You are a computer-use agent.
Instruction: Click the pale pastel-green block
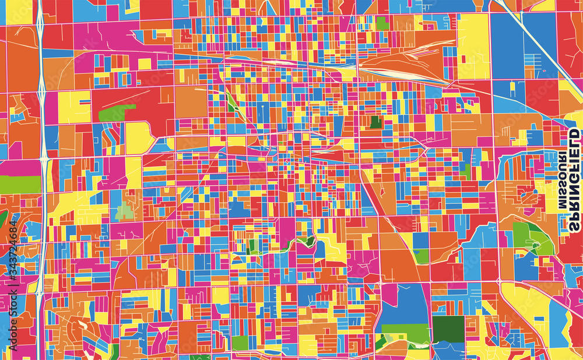pyautogui.click(x=124, y=213)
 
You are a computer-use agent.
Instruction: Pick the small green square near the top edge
pyautogui.click(x=382, y=23)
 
